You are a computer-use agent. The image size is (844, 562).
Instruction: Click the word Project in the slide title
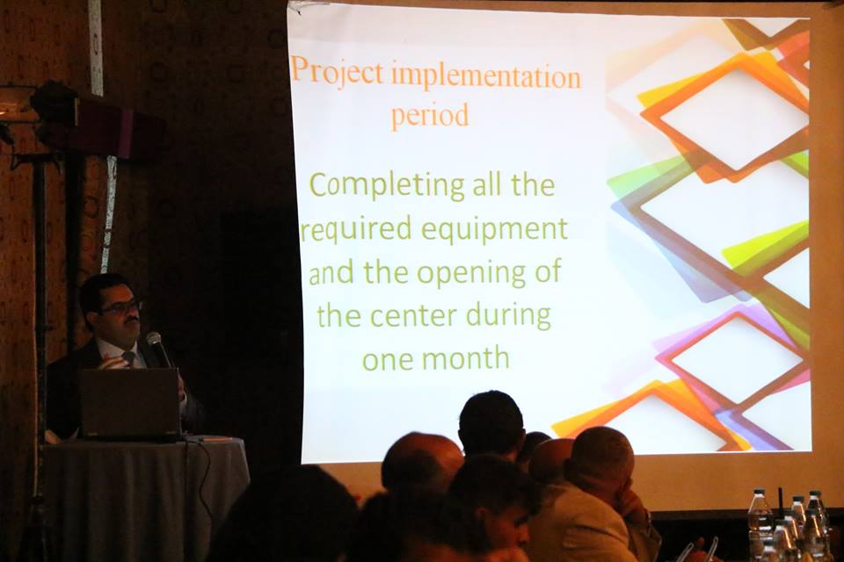[x=338, y=72]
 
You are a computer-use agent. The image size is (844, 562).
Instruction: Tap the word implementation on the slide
[x=486, y=76]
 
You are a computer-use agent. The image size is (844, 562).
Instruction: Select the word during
[x=509, y=316]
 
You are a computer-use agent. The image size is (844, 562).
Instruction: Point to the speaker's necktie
[x=128, y=358]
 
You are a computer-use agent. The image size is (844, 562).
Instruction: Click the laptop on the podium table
[x=131, y=403]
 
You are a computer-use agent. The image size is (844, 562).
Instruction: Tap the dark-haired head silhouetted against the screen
[x=491, y=423]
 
